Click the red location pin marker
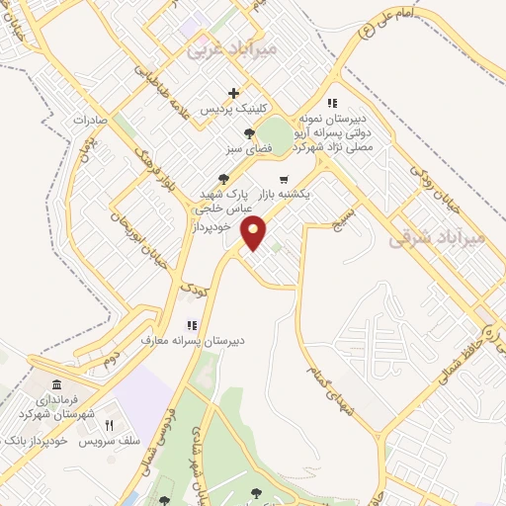255,233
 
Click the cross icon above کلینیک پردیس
234,93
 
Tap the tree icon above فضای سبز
249,133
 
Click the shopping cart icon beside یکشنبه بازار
285,180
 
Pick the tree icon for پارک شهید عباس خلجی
224,179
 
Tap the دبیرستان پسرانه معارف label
229,340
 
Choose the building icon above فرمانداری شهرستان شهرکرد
53,383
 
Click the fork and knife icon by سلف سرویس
110,425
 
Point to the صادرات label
95,120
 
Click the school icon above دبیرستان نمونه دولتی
332,103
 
